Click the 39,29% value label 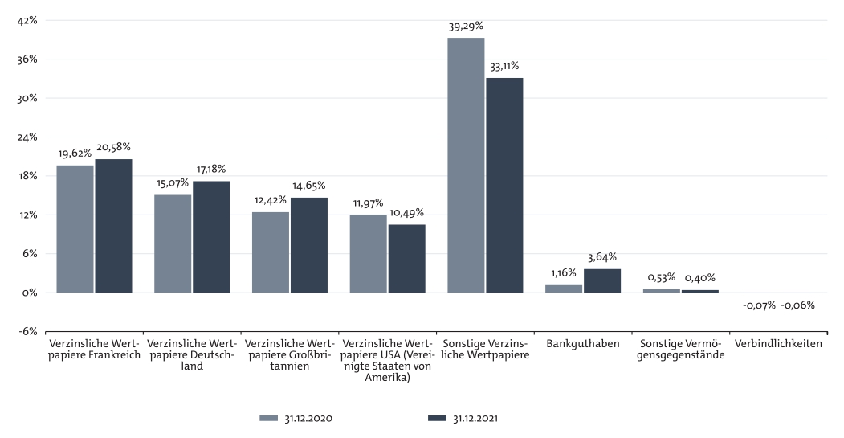pos(466,27)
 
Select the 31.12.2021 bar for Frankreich pos(113,226)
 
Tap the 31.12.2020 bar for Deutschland pos(173,244)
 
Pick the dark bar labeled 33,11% pos(504,185)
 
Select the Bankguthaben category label pos(582,343)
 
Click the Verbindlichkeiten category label pos(778,343)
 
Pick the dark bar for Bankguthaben pos(602,280)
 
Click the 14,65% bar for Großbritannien pos(309,245)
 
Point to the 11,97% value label pos(368,203)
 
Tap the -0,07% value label pos(759,305)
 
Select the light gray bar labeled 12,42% pos(271,252)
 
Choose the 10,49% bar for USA pos(407,259)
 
